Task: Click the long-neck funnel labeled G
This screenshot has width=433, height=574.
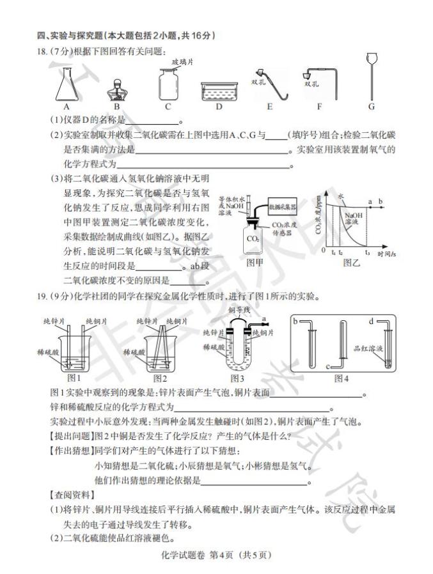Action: point(370,77)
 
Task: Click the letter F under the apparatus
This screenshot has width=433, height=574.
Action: point(319,107)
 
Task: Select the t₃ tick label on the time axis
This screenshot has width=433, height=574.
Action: point(367,252)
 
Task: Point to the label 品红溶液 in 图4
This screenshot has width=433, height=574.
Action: point(367,350)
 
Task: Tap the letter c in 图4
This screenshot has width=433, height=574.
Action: point(328,366)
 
